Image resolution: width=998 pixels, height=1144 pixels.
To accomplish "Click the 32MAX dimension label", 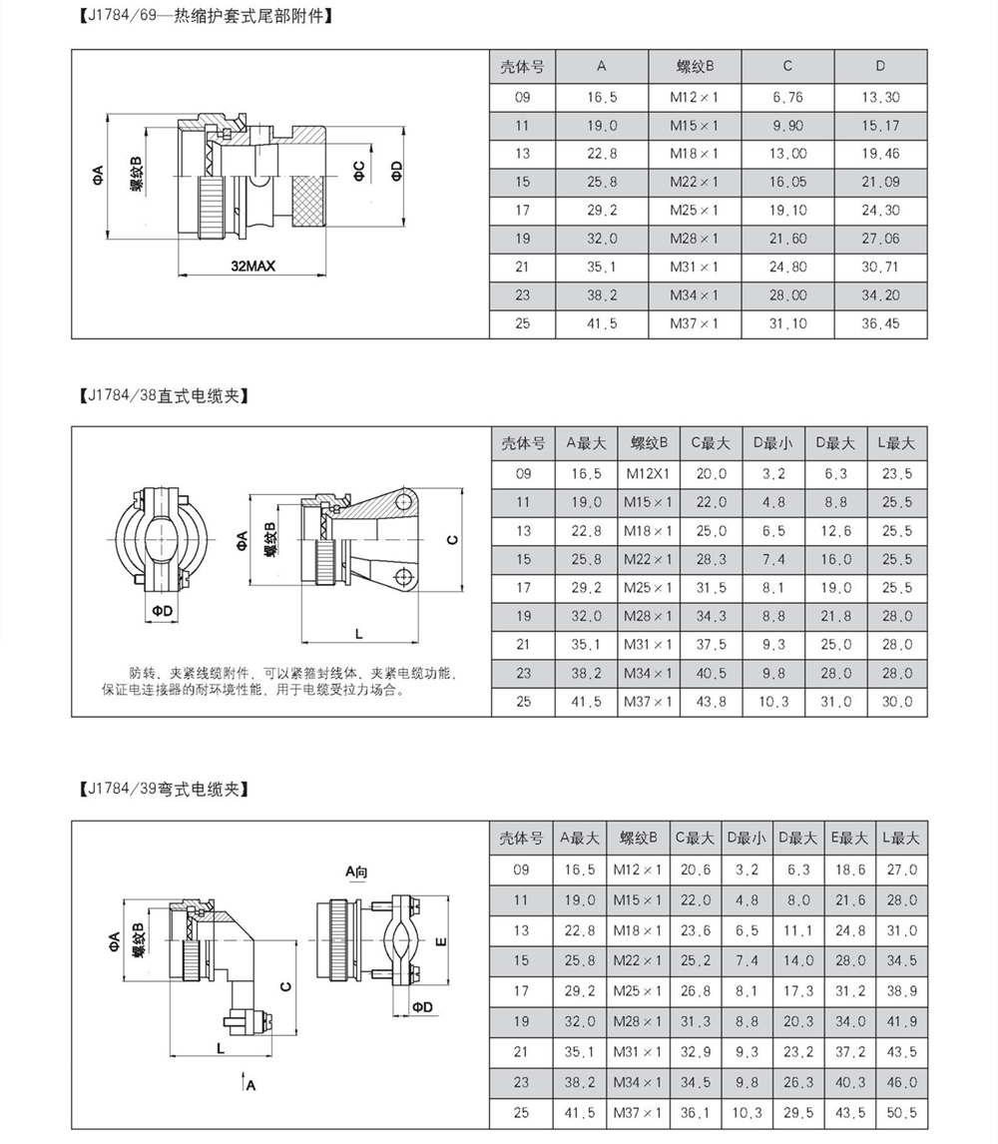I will pyautogui.click(x=251, y=267).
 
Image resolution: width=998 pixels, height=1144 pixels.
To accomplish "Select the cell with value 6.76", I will pyautogui.click(x=787, y=97).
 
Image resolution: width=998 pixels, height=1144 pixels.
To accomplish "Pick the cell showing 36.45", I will pyautogui.click(x=880, y=324).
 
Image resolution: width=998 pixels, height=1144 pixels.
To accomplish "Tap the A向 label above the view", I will pyautogui.click(x=357, y=871).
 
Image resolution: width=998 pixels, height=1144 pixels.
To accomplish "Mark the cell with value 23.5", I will pyautogui.click(x=896, y=473).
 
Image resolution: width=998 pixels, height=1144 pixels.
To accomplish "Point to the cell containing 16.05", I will pyautogui.click(x=787, y=182).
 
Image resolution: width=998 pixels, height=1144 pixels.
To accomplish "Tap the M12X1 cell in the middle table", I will pyautogui.click(x=649, y=473).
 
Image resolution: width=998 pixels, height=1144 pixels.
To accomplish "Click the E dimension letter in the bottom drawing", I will pyautogui.click(x=440, y=941).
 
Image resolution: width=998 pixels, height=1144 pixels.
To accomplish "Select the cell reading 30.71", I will pyautogui.click(x=880, y=268).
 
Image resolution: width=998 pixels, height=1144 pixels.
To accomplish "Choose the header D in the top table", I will pyautogui.click(x=880, y=67).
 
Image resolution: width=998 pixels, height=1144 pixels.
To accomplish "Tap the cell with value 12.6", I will pyautogui.click(x=834, y=530).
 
